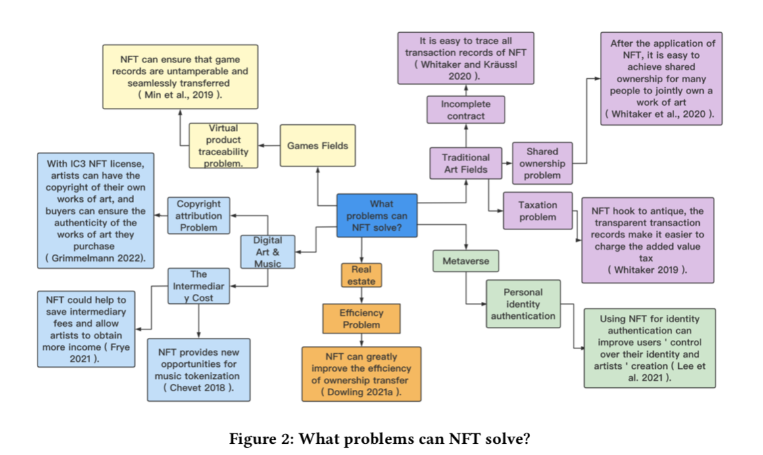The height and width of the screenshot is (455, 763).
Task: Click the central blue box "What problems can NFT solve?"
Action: [x=377, y=216]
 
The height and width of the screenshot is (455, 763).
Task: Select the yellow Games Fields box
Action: [x=318, y=146]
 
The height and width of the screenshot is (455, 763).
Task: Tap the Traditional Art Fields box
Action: [x=466, y=163]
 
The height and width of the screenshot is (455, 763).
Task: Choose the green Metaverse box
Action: [x=466, y=261]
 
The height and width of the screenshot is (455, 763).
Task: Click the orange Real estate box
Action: [x=361, y=275]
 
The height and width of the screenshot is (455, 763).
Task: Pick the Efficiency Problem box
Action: [x=361, y=318]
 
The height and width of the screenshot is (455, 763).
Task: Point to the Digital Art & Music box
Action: [x=268, y=252]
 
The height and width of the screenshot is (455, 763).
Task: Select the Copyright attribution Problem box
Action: [x=199, y=216]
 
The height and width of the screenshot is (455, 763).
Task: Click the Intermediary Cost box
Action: [x=199, y=286]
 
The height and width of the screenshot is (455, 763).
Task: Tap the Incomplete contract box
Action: [x=466, y=110]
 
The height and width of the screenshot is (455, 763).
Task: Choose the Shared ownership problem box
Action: [x=543, y=163]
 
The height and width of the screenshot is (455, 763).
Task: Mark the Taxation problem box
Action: [x=537, y=210]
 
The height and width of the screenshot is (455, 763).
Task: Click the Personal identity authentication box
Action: [x=523, y=304]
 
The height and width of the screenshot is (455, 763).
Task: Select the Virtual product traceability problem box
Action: [x=224, y=145]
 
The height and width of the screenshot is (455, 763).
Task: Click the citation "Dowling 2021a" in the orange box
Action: [x=360, y=393]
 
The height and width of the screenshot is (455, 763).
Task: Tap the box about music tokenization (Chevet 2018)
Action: [x=198, y=370]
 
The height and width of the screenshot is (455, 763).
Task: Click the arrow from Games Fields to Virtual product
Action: [x=268, y=145]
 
